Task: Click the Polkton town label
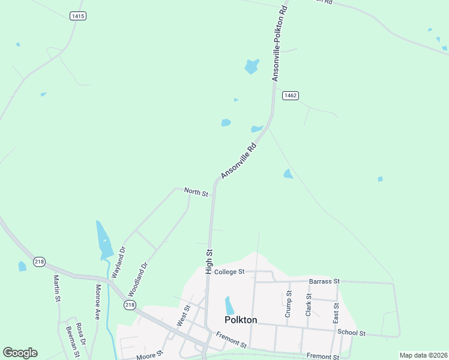coord(241,320)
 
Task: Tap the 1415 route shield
coord(77,16)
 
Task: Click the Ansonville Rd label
coord(239,160)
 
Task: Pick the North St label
coord(196,192)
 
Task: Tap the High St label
coord(209,262)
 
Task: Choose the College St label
coord(229,272)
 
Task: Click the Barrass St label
coord(324,281)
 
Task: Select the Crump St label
coord(288,304)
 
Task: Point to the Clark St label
coord(308,305)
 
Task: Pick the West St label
coord(184,316)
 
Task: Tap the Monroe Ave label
coord(97,301)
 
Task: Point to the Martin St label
coord(56,289)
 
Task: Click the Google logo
coord(20,353)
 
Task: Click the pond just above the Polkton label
coord(229,305)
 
